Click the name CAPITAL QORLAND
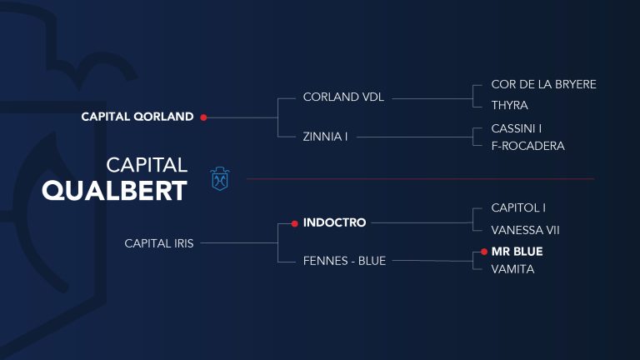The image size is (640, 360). (137, 117)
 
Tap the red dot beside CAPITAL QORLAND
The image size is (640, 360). (203, 117)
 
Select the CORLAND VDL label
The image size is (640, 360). (343, 97)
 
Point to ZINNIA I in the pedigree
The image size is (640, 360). (325, 137)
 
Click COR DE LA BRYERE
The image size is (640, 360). (543, 84)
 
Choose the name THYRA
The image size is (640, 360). (509, 105)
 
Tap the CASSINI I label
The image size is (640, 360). (517, 128)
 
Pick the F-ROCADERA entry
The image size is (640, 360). (527, 146)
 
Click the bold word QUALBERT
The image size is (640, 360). (114, 191)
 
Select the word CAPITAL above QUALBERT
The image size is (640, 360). (147, 165)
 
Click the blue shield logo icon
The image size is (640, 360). (220, 179)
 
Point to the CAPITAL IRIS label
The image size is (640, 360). (159, 243)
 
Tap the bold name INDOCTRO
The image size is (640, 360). (334, 222)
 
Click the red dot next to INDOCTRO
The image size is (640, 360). (295, 223)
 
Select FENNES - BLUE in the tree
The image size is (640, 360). (344, 261)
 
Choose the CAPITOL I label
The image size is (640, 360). (518, 208)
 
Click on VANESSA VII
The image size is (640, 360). (525, 230)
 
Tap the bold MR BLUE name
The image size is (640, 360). (517, 252)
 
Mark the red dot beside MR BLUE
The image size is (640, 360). (484, 252)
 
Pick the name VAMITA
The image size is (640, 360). (512, 269)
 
